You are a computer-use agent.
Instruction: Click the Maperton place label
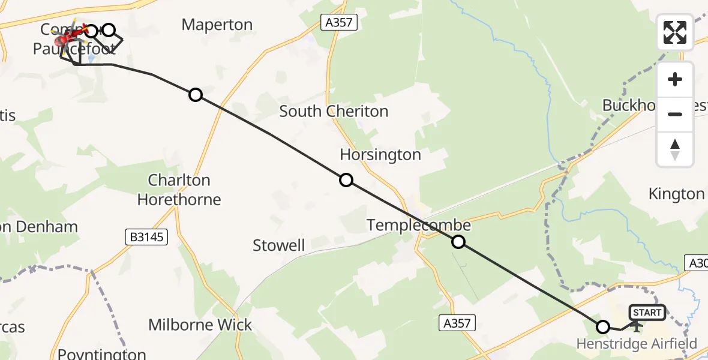pyautogui.click(x=217, y=25)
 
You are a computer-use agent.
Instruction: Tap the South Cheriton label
pyautogui.click(x=334, y=111)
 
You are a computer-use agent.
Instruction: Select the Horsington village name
pyautogui.click(x=380, y=155)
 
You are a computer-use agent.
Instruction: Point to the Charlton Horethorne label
pyautogui.click(x=179, y=190)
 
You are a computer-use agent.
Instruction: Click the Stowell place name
pyautogui.click(x=278, y=245)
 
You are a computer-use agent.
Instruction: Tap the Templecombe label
pyautogui.click(x=418, y=225)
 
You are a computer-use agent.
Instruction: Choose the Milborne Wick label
pyautogui.click(x=200, y=325)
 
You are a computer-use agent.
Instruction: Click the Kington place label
pyautogui.click(x=676, y=194)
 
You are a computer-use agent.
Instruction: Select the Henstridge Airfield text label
pyautogui.click(x=637, y=344)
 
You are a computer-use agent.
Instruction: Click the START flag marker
pyautogui.click(x=647, y=313)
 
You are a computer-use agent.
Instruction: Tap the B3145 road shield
pyautogui.click(x=146, y=238)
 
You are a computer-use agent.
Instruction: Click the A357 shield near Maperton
pyautogui.click(x=339, y=23)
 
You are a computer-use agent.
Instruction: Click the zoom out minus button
pyautogui.click(x=675, y=114)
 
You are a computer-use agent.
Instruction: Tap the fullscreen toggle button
pyautogui.click(x=675, y=32)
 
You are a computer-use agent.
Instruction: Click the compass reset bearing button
pyautogui.click(x=675, y=149)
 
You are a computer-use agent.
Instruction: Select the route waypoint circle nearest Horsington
pyautogui.click(x=346, y=180)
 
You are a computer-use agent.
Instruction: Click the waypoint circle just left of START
pyautogui.click(x=603, y=327)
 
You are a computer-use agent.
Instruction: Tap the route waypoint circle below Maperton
pyautogui.click(x=196, y=95)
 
